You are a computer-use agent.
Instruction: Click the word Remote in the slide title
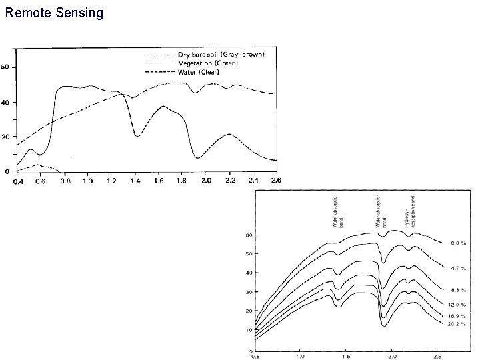pyautogui.click(x=27, y=13)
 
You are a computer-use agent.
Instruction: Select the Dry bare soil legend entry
pyautogui.click(x=220, y=53)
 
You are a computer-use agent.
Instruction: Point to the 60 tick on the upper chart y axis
pyautogui.click(x=5, y=67)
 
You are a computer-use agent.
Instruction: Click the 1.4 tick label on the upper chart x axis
pyautogui.click(x=135, y=181)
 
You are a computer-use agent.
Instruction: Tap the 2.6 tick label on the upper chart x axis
pyautogui.click(x=275, y=181)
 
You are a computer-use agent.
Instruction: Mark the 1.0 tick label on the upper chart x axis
pyautogui.click(x=87, y=181)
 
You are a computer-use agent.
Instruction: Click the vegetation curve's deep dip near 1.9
pyautogui.click(x=197, y=157)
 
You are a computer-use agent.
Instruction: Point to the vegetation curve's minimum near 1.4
pyautogui.click(x=137, y=135)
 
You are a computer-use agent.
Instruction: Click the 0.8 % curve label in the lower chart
pyautogui.click(x=459, y=243)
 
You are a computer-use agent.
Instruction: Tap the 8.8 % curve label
pyautogui.click(x=459, y=290)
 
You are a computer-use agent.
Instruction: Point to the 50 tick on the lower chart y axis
pyautogui.click(x=249, y=254)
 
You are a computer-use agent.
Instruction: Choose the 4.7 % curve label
pyautogui.click(x=459, y=268)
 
